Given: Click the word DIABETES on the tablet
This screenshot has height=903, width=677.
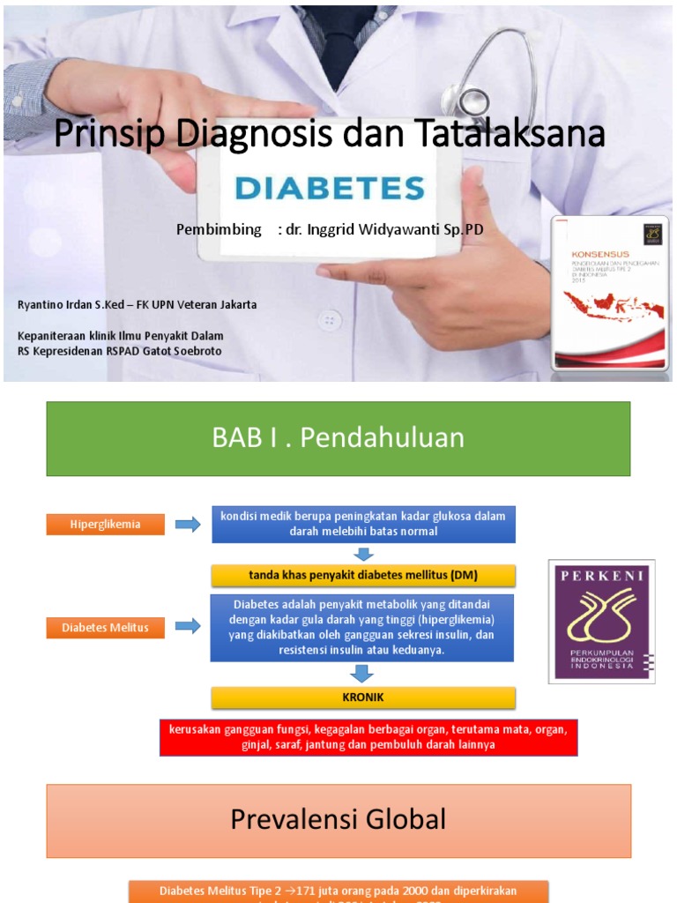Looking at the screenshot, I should coord(330,188).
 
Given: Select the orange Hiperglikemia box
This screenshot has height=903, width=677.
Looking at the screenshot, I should coord(105,525).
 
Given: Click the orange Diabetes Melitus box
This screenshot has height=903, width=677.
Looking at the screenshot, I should coord(105,628).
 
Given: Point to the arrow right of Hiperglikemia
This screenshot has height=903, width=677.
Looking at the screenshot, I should coord(188,526).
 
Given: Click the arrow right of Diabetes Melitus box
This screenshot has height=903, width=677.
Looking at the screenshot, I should coord(188,627).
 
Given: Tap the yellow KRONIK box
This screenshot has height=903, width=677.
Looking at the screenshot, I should coord(362,698).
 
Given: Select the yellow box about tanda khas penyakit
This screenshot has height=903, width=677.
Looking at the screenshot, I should coord(362,576).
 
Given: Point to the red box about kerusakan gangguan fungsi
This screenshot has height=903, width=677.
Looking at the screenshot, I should coord(368,737).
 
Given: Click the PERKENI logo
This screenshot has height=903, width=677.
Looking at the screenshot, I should coord(602,621).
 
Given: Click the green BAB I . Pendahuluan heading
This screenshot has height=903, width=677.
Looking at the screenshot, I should coord(338,438).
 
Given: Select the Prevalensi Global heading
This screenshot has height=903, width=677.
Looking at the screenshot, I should coord(338,820).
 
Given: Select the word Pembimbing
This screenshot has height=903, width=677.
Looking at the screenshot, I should coord(219,229).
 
